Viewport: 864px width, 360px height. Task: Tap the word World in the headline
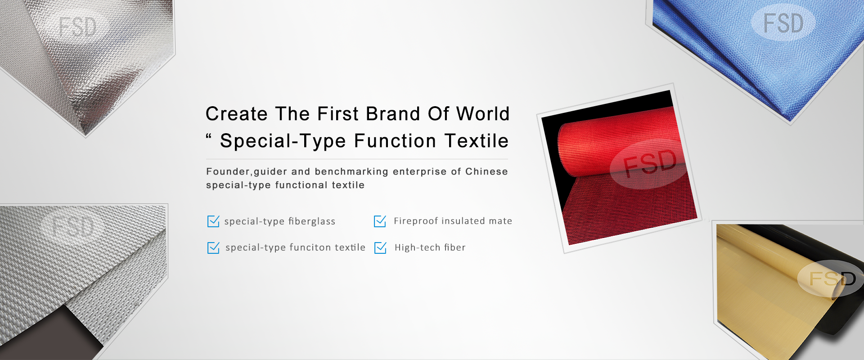pyautogui.click(x=483, y=114)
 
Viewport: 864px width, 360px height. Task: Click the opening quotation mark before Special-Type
pyautogui.click(x=209, y=136)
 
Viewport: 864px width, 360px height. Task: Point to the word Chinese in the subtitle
pyautogui.click(x=486, y=171)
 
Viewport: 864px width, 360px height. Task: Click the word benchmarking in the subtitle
pyautogui.click(x=351, y=171)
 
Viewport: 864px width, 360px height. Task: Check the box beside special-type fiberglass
pyautogui.click(x=213, y=221)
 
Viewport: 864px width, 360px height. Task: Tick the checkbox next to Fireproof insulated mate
pyautogui.click(x=380, y=221)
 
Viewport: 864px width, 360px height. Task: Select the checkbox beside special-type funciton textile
pyautogui.click(x=213, y=247)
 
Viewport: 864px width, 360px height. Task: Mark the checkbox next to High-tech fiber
pyautogui.click(x=380, y=247)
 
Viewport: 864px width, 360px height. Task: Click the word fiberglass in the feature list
pyautogui.click(x=312, y=221)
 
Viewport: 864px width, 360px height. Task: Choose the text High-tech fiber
pyautogui.click(x=430, y=247)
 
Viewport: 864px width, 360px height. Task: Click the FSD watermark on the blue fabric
pyautogui.click(x=783, y=23)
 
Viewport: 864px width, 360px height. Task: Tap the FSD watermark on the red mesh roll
pyautogui.click(x=650, y=163)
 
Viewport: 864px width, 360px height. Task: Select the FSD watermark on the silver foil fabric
pyautogui.click(x=78, y=27)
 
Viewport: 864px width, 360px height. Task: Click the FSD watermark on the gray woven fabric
pyautogui.click(x=73, y=226)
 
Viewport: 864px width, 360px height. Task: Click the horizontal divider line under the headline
pyautogui.click(x=357, y=159)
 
